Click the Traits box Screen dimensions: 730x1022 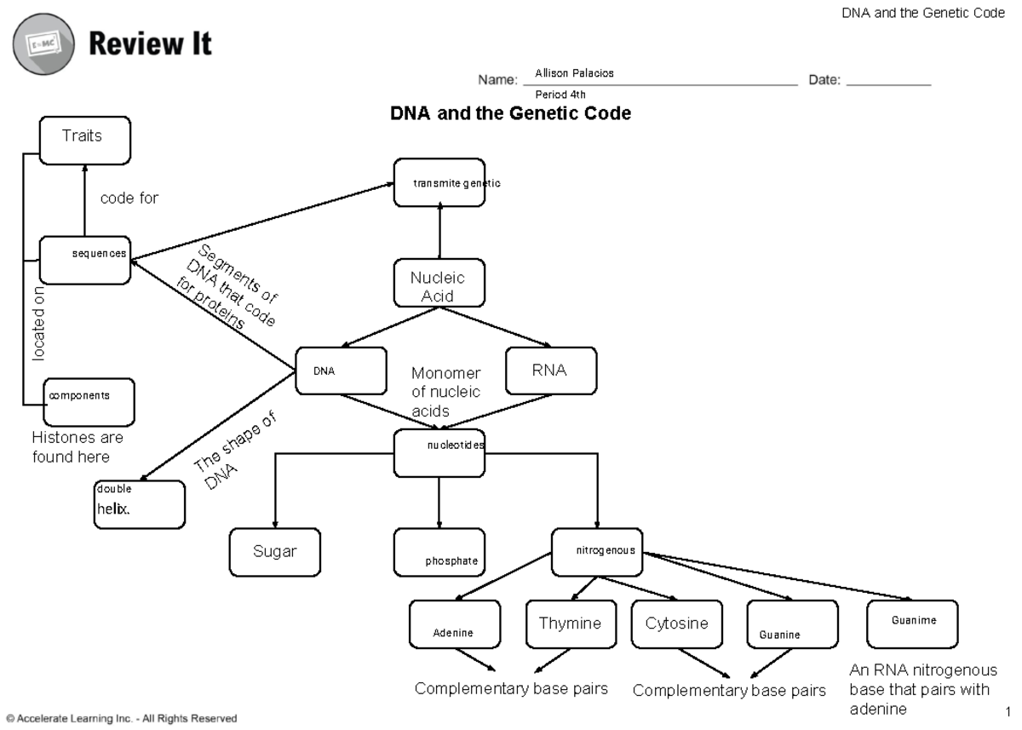coord(84,141)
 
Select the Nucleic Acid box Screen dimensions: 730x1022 coord(439,283)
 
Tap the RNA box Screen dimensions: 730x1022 coord(550,371)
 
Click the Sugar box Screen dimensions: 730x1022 coord(274,552)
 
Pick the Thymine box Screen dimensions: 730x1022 coord(570,624)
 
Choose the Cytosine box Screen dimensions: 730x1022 coord(676,624)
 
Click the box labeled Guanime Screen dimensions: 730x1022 coord(912,624)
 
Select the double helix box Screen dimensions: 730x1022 coord(139,504)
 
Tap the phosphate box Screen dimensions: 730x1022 coord(439,552)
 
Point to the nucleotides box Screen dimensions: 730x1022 coord(439,452)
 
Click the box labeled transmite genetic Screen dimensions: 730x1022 coord(439,182)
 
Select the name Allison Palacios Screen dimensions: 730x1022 coord(574,73)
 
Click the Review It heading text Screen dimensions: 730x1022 coord(150,43)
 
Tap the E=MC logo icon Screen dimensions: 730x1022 coord(43,45)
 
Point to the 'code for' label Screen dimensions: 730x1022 coord(129,198)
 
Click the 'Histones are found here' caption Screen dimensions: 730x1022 coord(78,447)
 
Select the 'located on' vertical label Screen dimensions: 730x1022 coord(39,324)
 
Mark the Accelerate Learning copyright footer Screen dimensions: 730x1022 coord(121,718)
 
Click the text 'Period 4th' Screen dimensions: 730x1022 coord(560,95)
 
